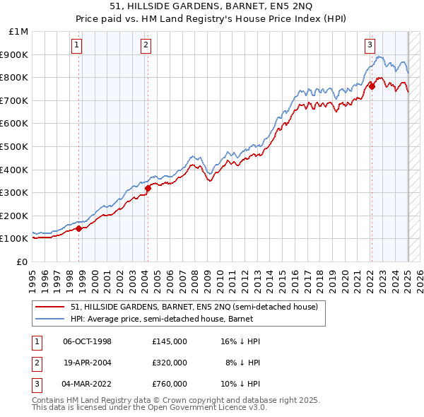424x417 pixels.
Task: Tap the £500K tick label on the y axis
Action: pyautogui.click(x=15, y=146)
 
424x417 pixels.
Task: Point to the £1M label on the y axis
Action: pyautogui.click(x=20, y=32)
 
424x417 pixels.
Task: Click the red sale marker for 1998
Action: pyautogui.click(x=79, y=228)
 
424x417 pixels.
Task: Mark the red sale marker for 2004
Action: pyautogui.click(x=148, y=188)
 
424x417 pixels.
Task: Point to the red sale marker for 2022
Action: pyautogui.click(x=372, y=87)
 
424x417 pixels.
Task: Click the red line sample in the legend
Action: pyautogui.click(x=50, y=307)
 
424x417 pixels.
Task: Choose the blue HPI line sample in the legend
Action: pyautogui.click(x=50, y=319)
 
